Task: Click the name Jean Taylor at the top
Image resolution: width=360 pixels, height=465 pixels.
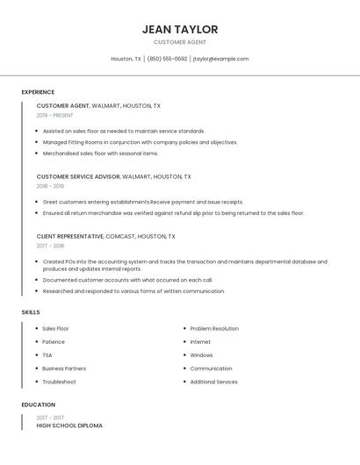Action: pos(180,29)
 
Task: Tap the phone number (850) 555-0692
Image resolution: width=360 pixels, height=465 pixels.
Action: pos(167,59)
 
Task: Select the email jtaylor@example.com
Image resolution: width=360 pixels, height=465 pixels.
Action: pos(220,59)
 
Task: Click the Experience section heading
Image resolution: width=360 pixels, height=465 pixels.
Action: pos(38,92)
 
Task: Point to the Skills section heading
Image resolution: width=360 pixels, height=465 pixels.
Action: pos(31,312)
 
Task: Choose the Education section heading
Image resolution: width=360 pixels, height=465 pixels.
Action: pos(38,404)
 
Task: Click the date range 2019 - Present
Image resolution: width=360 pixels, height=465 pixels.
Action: pos(54,115)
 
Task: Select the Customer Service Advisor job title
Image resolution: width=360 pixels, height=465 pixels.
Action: pos(78,176)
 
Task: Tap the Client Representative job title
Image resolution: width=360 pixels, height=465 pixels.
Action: pos(70,236)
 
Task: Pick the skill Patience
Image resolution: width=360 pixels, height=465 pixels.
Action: pos(54,341)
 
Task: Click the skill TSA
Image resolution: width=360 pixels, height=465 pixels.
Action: pos(47,355)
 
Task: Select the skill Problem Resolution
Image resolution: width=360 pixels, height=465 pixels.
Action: pos(214,328)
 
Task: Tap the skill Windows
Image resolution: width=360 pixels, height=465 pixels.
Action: pos(201,355)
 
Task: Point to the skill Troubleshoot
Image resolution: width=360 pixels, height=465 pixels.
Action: pos(59,382)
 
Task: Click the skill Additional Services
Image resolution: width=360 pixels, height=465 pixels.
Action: pos(213,382)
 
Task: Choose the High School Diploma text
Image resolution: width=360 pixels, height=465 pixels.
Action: pos(69,426)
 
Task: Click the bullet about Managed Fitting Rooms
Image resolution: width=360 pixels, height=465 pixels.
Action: pos(140,142)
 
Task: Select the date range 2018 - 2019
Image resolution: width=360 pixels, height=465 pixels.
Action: pos(50,186)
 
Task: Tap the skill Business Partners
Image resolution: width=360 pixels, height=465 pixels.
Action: pos(64,368)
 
